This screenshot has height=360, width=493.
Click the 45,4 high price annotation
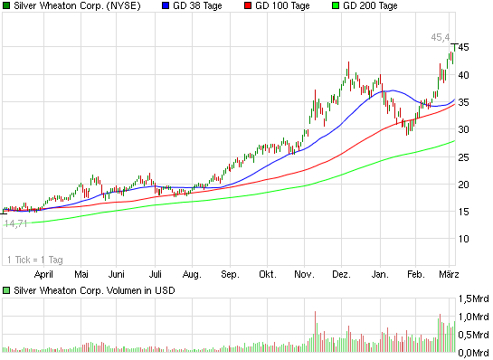coord(440,37)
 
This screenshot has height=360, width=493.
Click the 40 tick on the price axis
coord(463,75)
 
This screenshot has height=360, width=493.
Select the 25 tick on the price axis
coord(463,157)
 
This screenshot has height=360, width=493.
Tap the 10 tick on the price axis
coord(463,239)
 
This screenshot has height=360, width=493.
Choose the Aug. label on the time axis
coord(191,272)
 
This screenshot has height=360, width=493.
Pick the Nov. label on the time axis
coord(304,272)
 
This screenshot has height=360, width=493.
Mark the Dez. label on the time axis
coord(341,272)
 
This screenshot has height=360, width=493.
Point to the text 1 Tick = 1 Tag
coord(33,259)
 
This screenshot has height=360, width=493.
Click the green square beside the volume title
coord(6,290)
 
